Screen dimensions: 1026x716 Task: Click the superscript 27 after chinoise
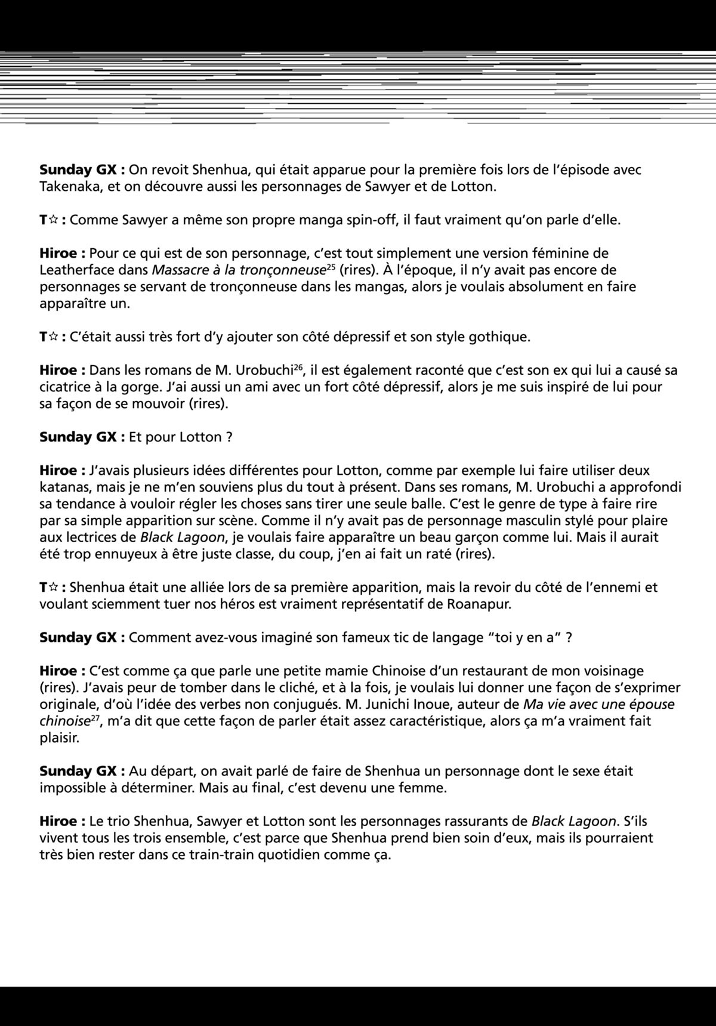click(x=95, y=717)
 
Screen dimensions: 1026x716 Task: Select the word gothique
click(x=499, y=336)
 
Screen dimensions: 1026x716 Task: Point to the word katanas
click(x=66, y=487)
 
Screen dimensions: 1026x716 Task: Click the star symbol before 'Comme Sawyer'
click(x=53, y=220)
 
